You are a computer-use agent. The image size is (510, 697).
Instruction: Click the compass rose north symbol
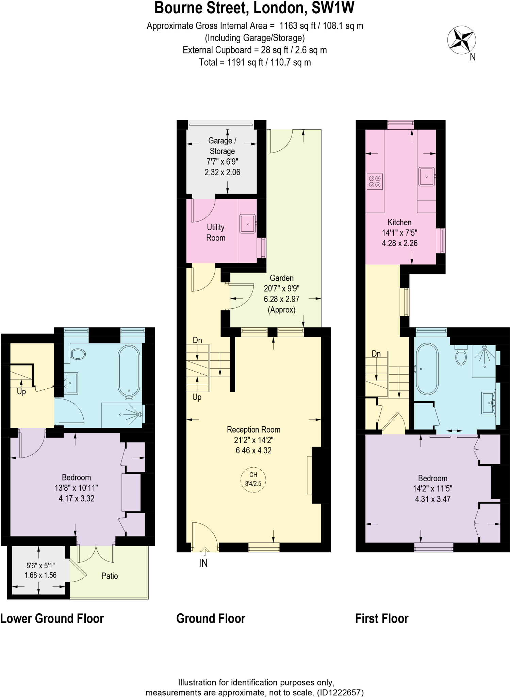point(461,40)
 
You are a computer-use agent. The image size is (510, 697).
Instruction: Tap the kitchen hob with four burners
point(375,181)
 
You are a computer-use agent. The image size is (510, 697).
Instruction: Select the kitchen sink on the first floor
point(426,177)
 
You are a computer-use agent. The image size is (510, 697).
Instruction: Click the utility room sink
point(247,224)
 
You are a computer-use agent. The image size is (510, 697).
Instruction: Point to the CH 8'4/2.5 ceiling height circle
point(253,479)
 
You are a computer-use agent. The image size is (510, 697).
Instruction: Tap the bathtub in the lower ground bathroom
point(129,371)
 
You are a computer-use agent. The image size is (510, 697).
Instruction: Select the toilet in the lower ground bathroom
point(78,354)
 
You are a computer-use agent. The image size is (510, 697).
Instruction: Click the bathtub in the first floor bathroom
point(427,369)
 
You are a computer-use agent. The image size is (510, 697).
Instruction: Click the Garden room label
point(282,278)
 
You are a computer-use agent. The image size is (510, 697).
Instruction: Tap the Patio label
point(110,576)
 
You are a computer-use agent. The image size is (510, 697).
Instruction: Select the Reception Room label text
point(253,429)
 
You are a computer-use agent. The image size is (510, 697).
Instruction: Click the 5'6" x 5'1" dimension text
point(40,566)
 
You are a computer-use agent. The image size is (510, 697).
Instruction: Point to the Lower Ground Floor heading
point(52,618)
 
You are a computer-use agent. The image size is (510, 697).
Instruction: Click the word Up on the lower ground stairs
point(21,391)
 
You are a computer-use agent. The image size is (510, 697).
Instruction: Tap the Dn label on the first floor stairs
point(376,354)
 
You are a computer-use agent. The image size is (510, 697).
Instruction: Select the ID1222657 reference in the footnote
point(340,693)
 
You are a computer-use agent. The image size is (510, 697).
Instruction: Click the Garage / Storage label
point(222,146)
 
